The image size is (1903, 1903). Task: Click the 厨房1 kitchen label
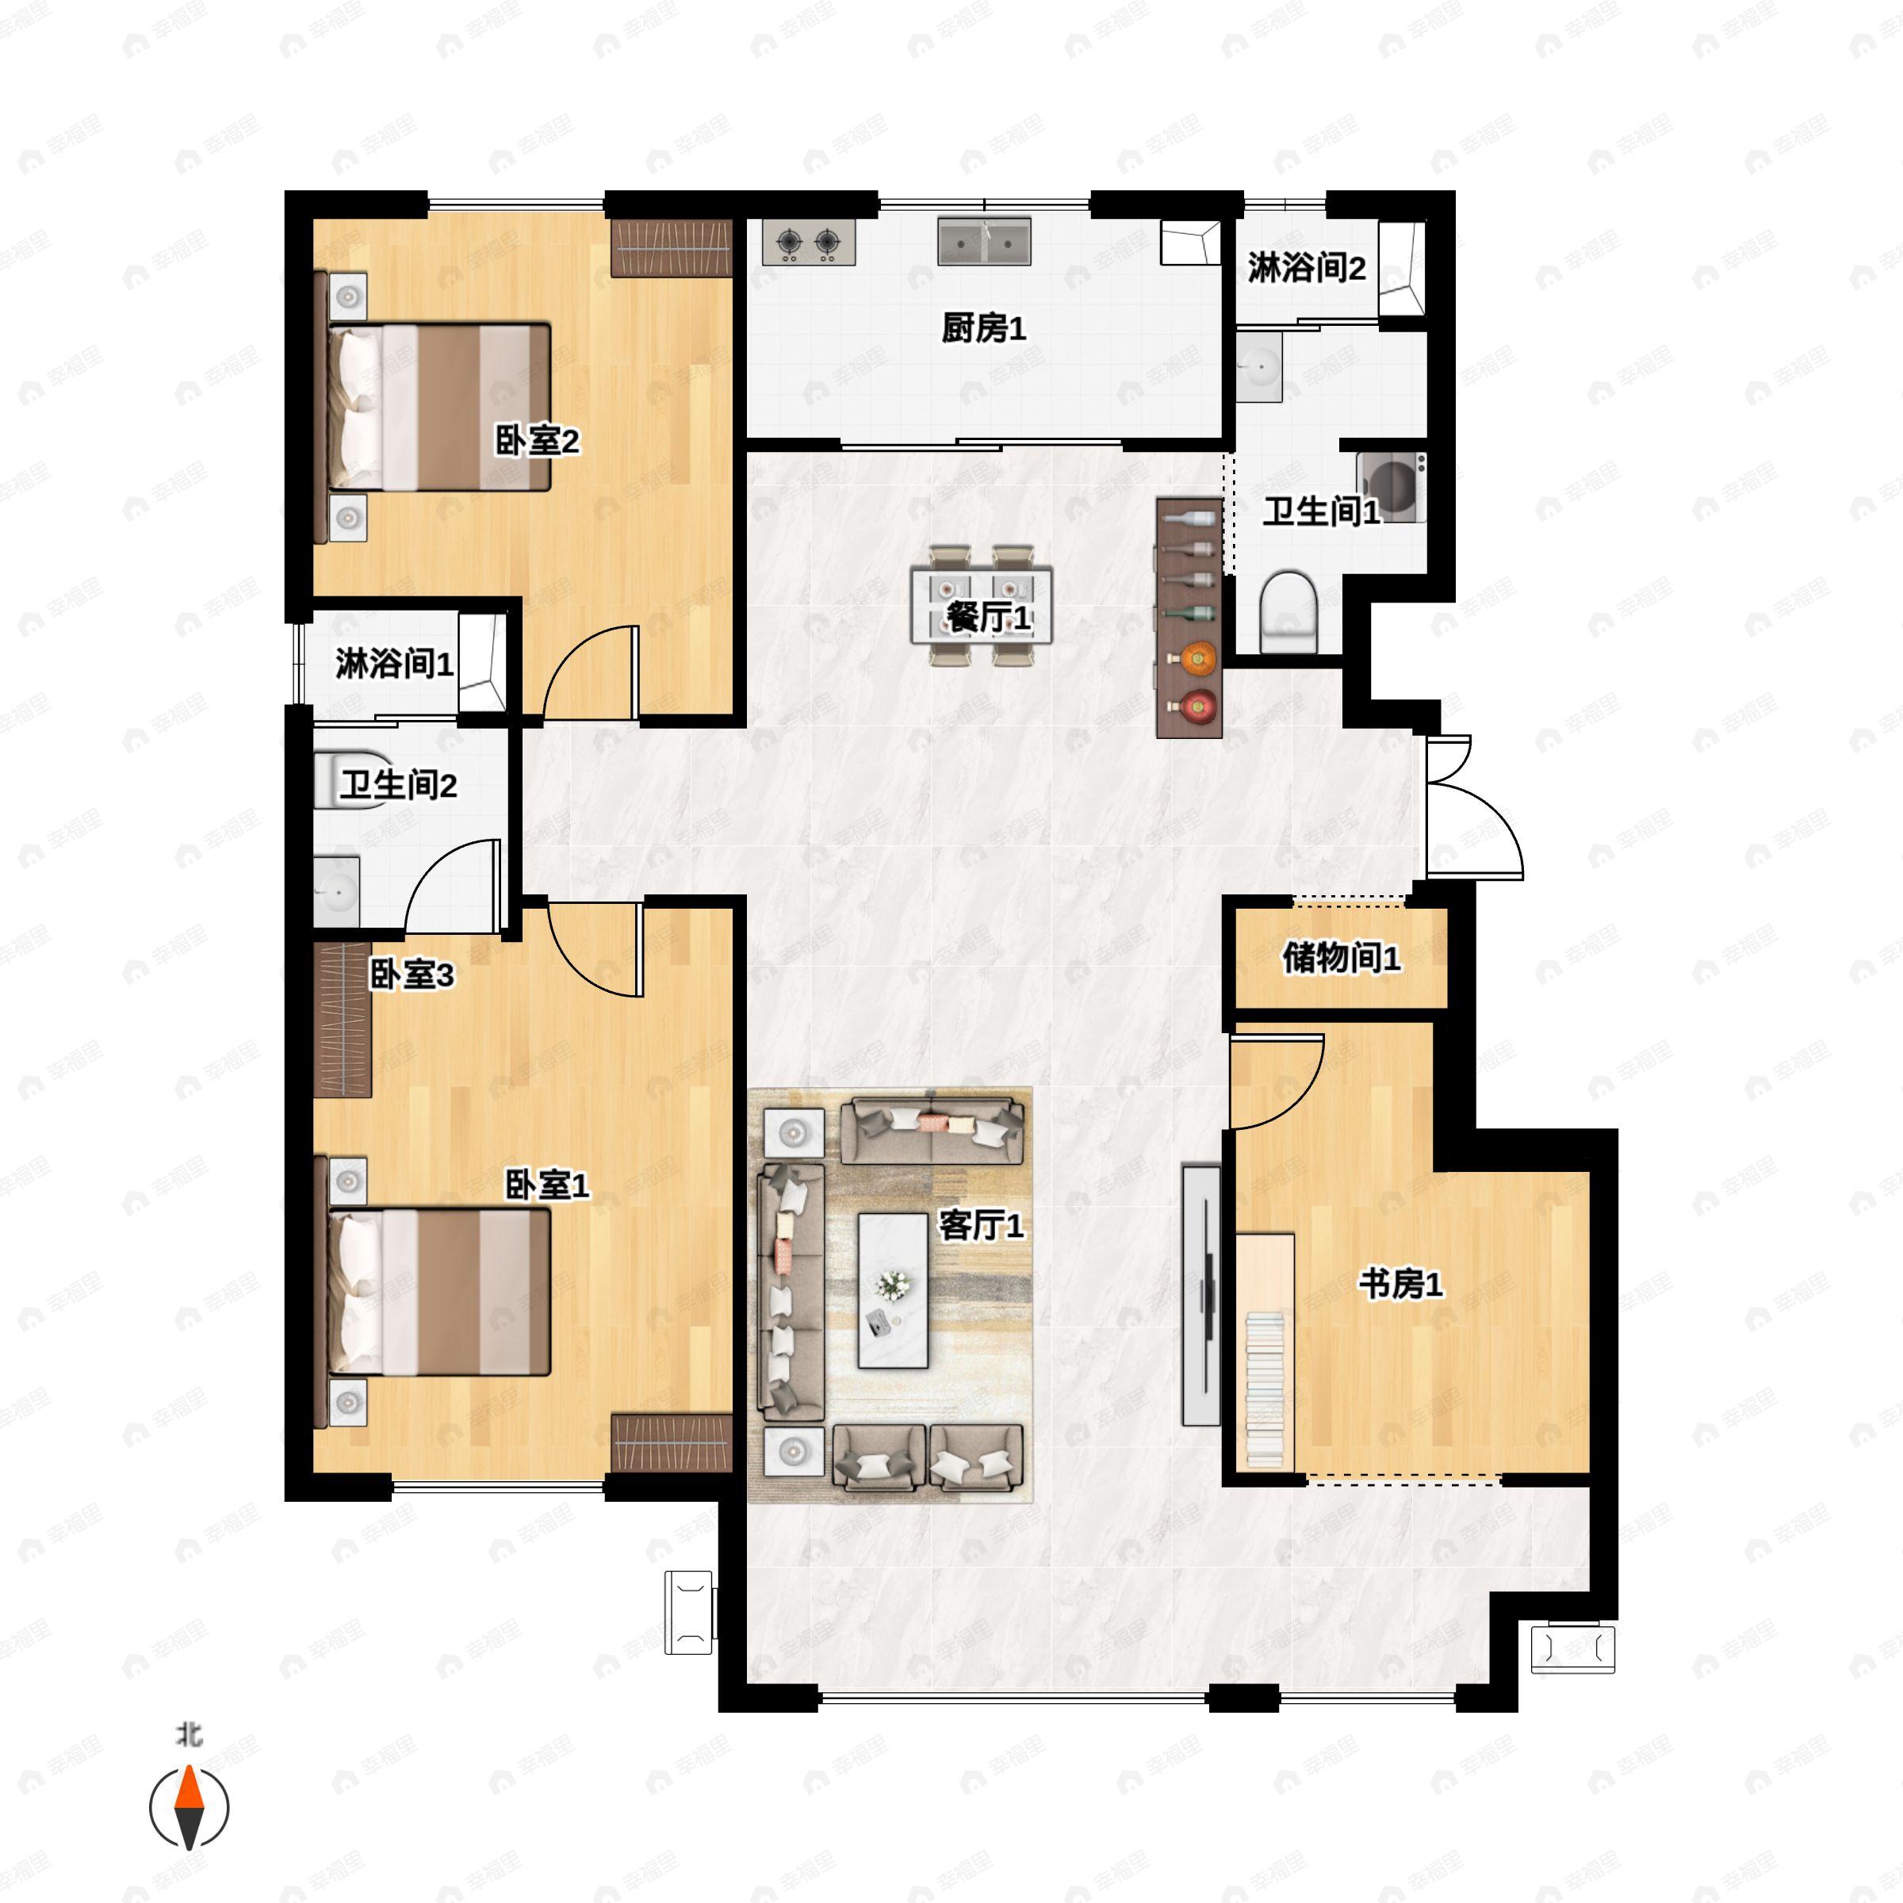983,328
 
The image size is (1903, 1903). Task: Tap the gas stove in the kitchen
808,243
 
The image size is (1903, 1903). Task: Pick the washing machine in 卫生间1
1391,487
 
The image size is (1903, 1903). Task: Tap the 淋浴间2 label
1306,268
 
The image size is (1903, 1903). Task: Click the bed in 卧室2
438,407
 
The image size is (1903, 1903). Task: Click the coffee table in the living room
892,1290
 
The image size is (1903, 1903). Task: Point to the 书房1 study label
1399,1285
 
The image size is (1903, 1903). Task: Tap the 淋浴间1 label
394,664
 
